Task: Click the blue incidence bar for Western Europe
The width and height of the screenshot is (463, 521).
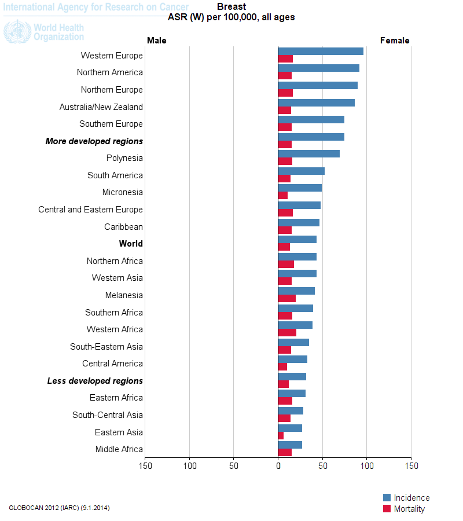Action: (x=321, y=51)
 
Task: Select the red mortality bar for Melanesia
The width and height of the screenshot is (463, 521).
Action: (x=287, y=299)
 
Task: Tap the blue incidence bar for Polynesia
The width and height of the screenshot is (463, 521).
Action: (x=308, y=153)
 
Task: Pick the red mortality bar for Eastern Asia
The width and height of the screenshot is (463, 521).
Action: (x=281, y=436)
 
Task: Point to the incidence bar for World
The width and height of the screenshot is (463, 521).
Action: (x=297, y=239)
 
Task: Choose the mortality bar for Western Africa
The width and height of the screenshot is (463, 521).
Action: (x=287, y=333)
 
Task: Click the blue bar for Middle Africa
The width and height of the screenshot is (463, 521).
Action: (x=290, y=445)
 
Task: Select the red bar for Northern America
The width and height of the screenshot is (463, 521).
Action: (x=285, y=76)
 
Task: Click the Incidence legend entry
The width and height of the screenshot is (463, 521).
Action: (x=411, y=498)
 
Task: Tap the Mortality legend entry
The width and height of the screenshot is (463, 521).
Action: (x=409, y=509)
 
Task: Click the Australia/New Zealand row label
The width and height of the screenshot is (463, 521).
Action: (x=101, y=107)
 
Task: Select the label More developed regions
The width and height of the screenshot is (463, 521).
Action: (x=94, y=141)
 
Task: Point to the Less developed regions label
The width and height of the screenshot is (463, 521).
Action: (x=95, y=381)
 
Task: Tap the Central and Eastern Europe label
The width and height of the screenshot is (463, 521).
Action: (x=90, y=210)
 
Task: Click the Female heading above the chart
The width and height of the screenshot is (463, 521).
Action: (x=395, y=41)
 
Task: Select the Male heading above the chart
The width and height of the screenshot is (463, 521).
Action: (x=156, y=41)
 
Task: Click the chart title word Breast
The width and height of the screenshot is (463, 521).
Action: (x=231, y=7)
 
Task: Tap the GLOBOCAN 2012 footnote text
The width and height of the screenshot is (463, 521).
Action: (x=59, y=508)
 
